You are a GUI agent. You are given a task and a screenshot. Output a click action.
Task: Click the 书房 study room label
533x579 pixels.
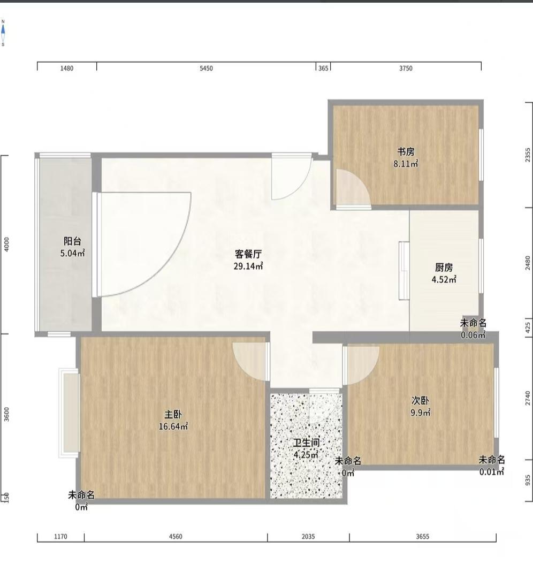406,152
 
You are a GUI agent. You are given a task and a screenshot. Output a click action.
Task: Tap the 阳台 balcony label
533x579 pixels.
72,241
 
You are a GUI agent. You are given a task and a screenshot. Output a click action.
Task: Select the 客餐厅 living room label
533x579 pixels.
248,254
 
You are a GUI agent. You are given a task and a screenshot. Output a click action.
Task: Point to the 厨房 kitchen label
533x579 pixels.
444,268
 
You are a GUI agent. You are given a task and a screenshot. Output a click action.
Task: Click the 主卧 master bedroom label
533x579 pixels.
173,414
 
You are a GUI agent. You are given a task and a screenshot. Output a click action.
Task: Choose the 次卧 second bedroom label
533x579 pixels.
420,401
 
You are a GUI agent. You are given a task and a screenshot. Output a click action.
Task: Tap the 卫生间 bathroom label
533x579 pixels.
306,443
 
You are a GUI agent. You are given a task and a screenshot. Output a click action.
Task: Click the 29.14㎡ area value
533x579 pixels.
248,266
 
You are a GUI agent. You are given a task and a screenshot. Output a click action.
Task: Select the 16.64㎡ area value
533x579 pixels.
173,426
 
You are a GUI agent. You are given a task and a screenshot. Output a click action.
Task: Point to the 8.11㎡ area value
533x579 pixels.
406,164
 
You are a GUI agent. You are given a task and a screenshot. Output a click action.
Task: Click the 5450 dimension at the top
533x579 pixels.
206,68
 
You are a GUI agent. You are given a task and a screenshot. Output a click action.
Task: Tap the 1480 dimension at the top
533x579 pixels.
67,68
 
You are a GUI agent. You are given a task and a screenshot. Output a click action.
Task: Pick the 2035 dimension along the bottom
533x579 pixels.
308,536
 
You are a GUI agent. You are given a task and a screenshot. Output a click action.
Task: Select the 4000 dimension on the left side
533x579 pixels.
6,245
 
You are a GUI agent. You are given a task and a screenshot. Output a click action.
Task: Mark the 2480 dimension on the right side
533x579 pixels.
528,263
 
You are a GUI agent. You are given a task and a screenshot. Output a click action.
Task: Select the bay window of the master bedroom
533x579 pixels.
69,413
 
